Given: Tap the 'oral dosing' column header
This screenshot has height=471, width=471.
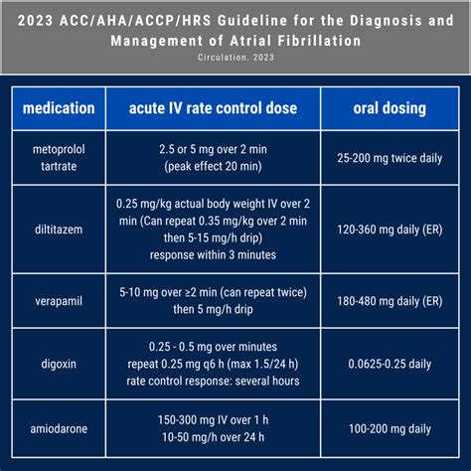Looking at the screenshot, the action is (391, 107).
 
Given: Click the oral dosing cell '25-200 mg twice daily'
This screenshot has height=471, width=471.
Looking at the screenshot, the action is (391, 156).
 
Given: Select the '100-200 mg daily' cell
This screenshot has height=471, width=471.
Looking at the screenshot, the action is (391, 428).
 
